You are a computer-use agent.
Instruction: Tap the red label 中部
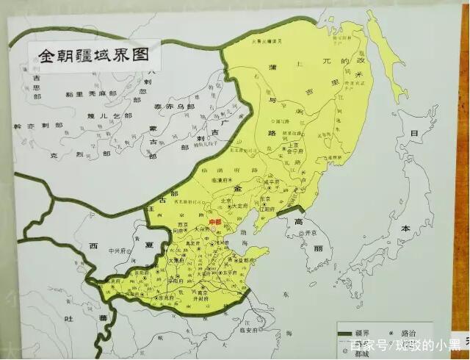[x=215, y=221]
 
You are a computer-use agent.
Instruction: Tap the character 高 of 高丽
[x=299, y=221]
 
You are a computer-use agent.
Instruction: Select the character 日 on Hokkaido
[x=414, y=134]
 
